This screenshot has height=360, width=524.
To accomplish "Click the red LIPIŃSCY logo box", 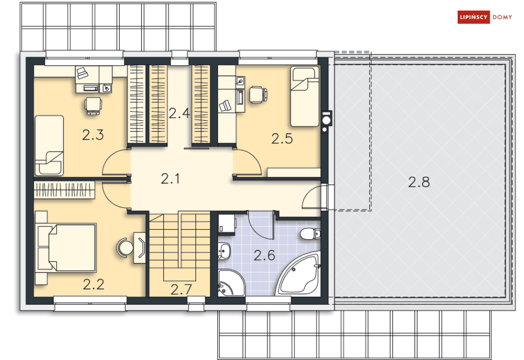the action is click(x=473, y=17).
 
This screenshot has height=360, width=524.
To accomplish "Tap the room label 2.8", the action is click(x=419, y=182).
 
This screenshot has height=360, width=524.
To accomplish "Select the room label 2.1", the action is click(x=170, y=179).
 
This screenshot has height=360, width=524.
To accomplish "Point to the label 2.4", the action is click(x=179, y=113).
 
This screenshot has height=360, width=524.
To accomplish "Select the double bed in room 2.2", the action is click(x=67, y=248).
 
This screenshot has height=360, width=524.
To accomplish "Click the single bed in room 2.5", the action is click(x=304, y=96).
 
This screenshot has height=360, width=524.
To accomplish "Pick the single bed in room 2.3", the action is click(x=49, y=145).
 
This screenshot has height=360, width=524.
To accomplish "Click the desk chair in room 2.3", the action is click(x=93, y=106).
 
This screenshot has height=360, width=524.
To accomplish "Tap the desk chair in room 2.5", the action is click(x=259, y=95).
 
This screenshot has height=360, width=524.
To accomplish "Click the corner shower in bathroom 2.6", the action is click(x=231, y=283).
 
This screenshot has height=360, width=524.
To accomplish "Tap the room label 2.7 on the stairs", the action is click(x=181, y=289).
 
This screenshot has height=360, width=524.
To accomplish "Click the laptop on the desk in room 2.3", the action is click(x=82, y=73).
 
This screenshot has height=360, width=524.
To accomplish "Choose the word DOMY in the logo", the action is click(x=502, y=17).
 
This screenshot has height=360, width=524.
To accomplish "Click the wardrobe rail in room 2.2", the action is click(x=64, y=190).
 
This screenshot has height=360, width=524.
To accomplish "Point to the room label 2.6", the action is click(x=264, y=255).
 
